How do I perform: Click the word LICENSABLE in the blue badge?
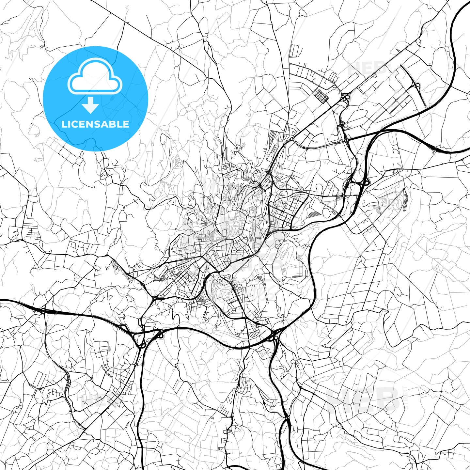point(95,124)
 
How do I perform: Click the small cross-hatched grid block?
point(321,95)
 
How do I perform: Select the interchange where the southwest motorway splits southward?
point(141,339)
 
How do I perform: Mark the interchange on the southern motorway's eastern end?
point(274,336)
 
